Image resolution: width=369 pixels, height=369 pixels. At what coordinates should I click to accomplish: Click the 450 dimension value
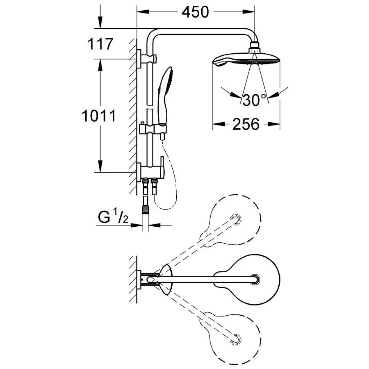pos(195,12)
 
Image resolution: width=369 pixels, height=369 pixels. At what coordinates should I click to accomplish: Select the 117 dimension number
pos(100,44)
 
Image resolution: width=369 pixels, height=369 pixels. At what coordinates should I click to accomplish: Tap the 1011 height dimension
pos(98,116)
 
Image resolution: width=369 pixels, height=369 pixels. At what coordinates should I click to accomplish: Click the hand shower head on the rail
pos(165,95)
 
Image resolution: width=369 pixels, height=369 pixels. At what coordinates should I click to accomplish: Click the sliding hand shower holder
pos(153,130)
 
